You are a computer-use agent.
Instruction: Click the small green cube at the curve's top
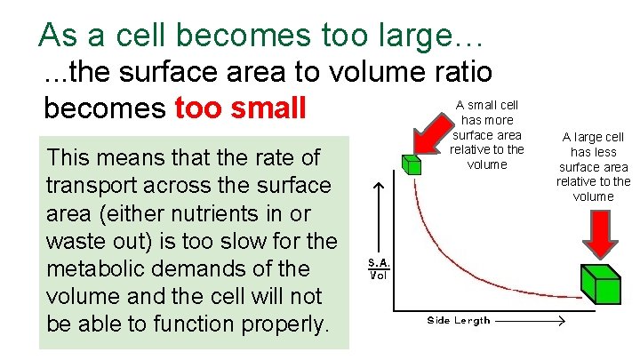[411, 165]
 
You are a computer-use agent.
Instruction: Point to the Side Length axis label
[458, 321]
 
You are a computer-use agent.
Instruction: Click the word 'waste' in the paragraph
[75, 241]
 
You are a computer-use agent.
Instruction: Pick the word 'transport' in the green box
[92, 186]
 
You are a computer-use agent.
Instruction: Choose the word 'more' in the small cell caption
[502, 119]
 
